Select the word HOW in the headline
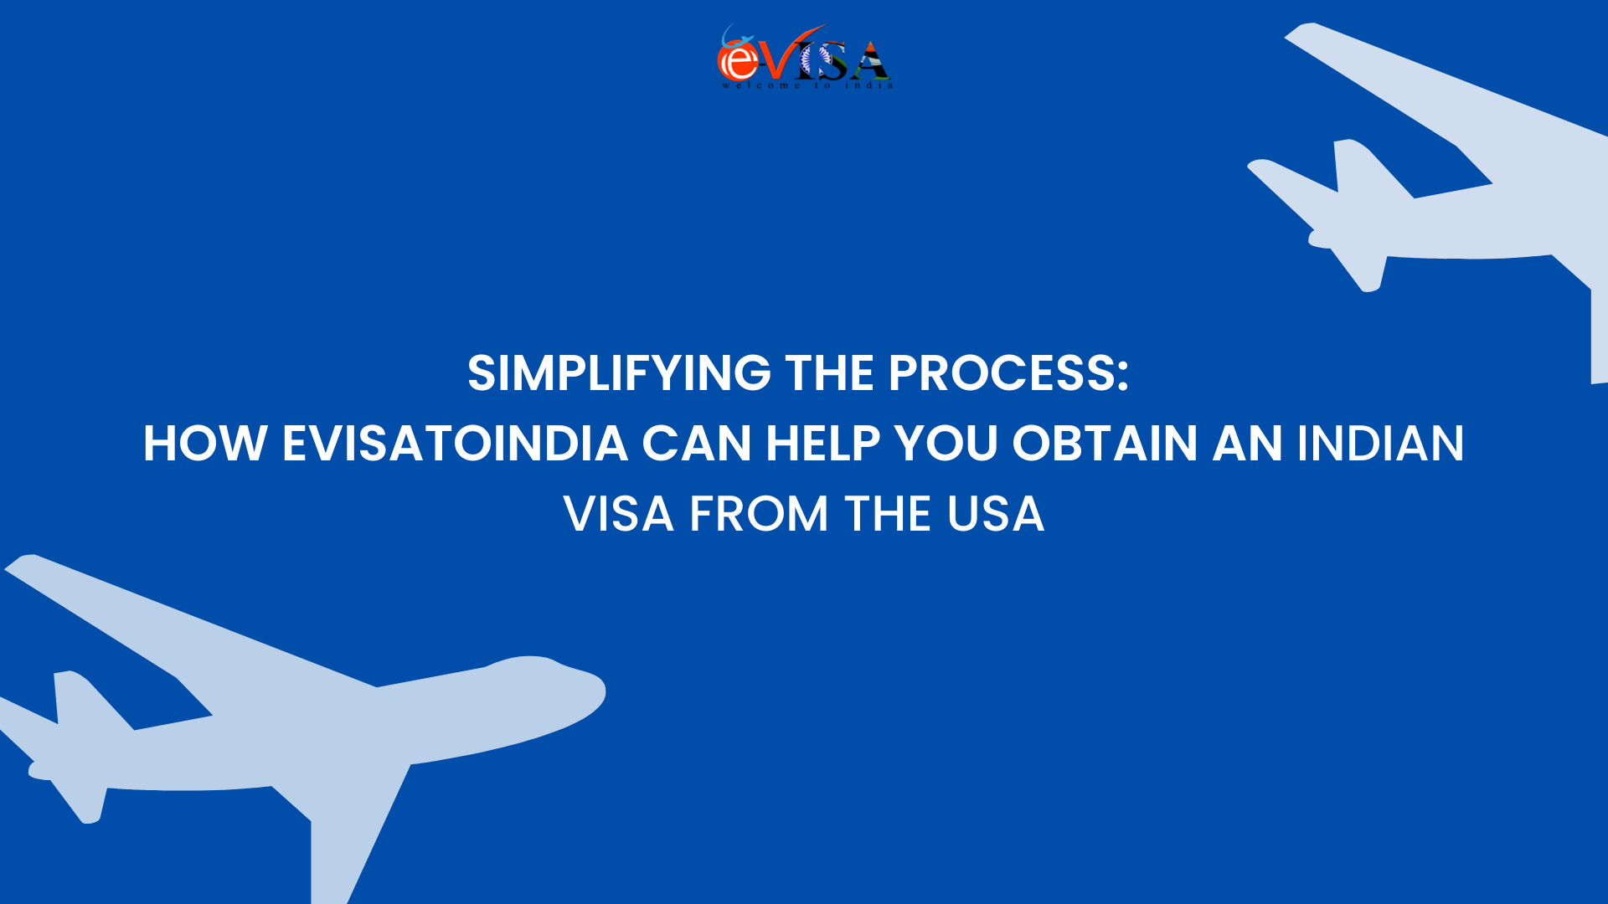[x=204, y=444]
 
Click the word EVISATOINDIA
[x=455, y=444]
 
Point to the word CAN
[x=696, y=444]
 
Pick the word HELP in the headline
[x=822, y=444]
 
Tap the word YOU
[x=946, y=444]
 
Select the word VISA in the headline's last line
[x=619, y=514]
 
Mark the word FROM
[x=759, y=514]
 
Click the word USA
[x=996, y=514]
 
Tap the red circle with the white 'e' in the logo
[x=738, y=60]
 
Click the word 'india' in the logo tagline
[x=868, y=85]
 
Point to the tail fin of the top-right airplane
[x=1361, y=167]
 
